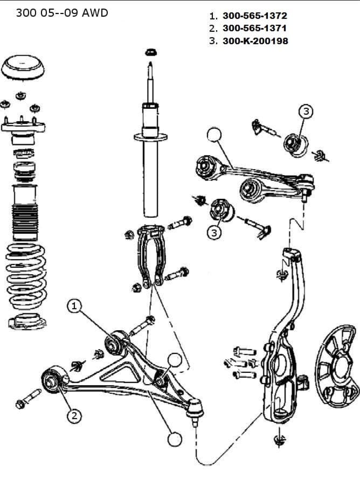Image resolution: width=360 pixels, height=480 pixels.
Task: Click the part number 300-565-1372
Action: [255, 16]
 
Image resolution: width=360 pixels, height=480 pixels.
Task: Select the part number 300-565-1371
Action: [255, 28]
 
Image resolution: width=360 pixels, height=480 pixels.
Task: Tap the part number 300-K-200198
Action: [255, 41]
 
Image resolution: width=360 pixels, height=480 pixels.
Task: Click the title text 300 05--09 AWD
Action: [62, 13]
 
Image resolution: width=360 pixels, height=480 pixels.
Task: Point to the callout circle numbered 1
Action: [74, 306]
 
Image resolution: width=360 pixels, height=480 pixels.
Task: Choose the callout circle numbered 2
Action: [74, 416]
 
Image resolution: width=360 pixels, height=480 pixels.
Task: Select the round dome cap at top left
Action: [23, 68]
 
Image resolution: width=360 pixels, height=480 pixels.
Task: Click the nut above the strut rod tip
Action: [150, 52]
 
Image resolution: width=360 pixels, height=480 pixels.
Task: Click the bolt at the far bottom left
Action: [29, 399]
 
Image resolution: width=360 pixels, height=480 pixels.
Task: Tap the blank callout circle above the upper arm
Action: [214, 134]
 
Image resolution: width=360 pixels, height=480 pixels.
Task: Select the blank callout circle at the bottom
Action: [175, 439]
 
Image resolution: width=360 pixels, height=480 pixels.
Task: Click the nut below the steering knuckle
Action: [279, 440]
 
